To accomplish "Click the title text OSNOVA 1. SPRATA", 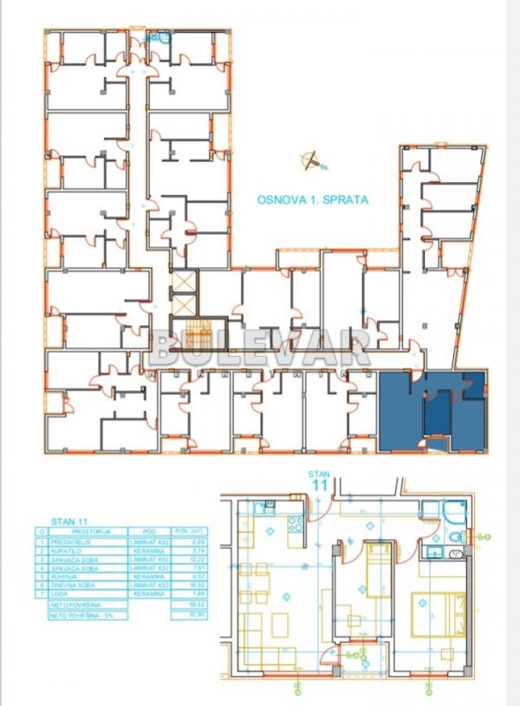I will pos(313,199).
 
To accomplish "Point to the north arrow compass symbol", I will pos(311,159).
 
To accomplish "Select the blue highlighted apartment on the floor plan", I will pos(432,411).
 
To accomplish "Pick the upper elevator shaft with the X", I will pos(185,282).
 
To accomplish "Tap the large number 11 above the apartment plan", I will pos(318,485).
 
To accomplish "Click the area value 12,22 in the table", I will pos(182,560).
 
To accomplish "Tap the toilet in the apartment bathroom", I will pos(455,537).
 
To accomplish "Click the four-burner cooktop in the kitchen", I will pos(296,524).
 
